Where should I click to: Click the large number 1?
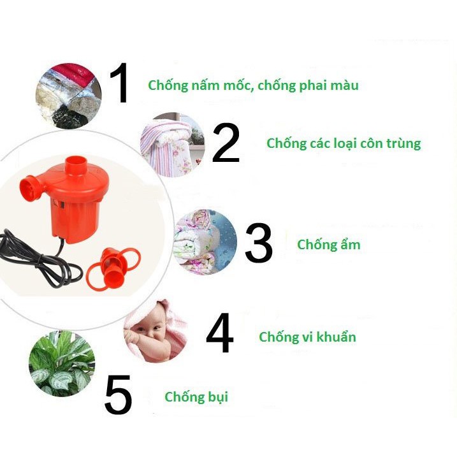120,83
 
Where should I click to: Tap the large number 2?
226,142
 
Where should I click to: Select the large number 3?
259,242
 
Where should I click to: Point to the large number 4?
219,333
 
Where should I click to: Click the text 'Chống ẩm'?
329,245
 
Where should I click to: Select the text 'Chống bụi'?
196,397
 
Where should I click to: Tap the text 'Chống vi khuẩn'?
307,337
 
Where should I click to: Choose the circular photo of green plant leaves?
62,363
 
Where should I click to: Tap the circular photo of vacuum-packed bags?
68,96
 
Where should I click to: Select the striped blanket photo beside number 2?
173,145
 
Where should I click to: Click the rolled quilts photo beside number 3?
205,242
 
